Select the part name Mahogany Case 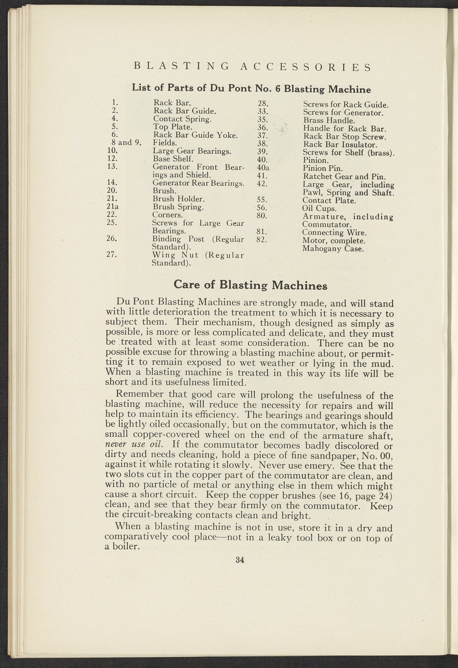pyautogui.click(x=333, y=248)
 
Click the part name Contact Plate pyautogui.click(x=329, y=200)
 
